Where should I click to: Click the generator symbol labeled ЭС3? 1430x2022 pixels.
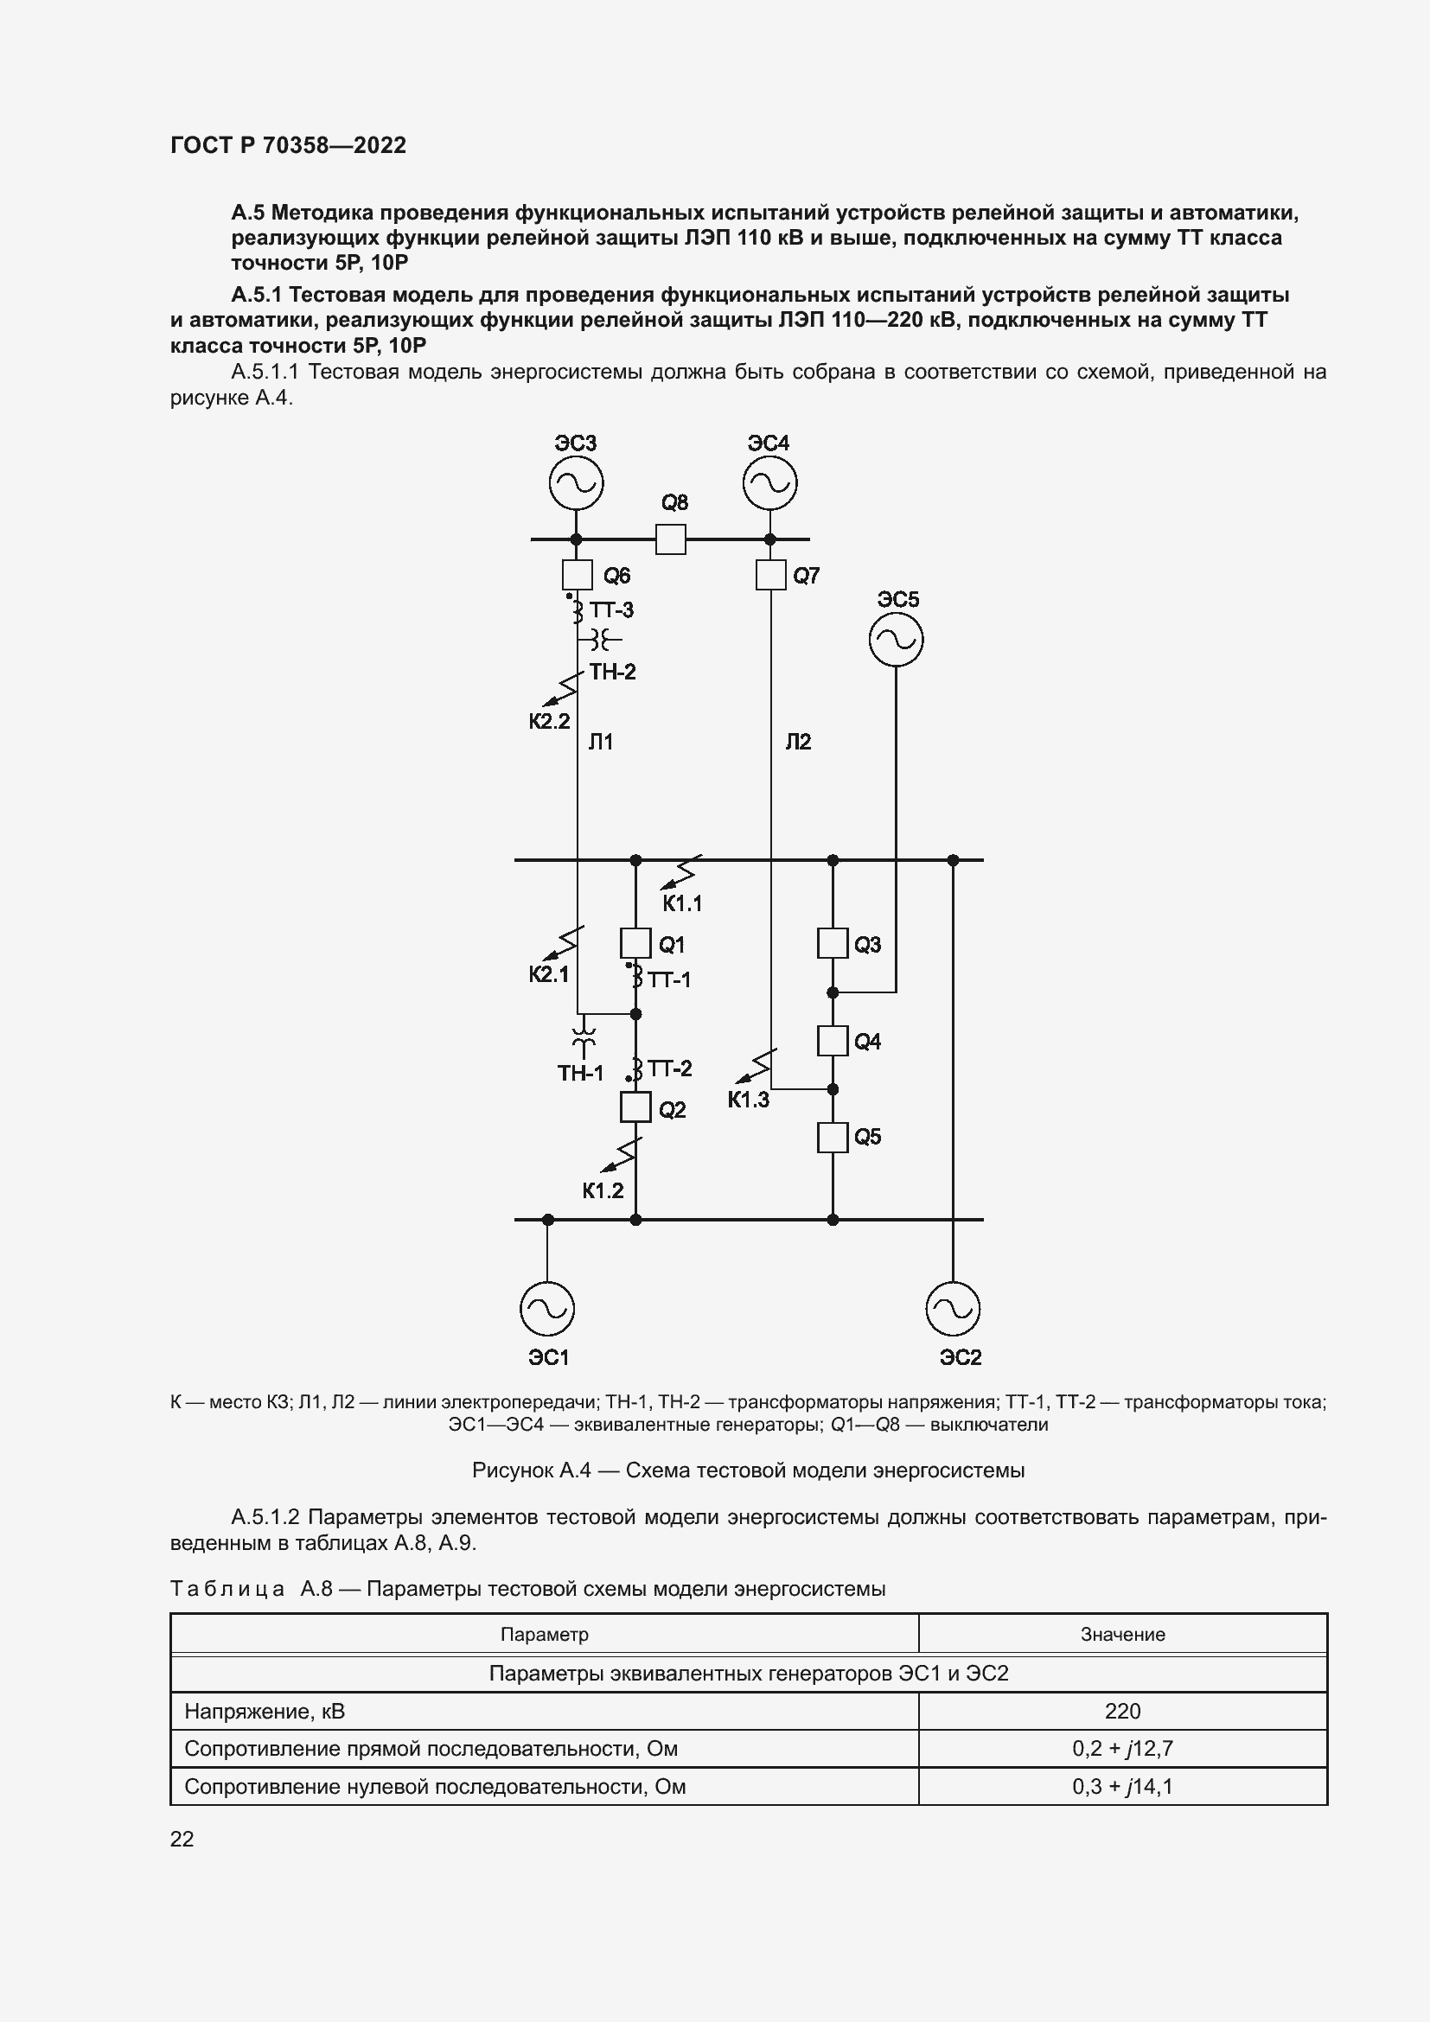[576, 482]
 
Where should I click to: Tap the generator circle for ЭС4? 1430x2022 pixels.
[769, 482]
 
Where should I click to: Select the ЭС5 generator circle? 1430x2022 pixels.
[896, 640]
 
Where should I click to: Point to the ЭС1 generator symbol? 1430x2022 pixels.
[546, 1309]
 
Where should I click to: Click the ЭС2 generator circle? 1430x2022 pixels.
[953, 1309]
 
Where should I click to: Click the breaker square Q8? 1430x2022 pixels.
[671, 539]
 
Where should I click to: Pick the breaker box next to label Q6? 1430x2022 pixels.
[577, 575]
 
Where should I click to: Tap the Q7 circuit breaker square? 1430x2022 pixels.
[770, 575]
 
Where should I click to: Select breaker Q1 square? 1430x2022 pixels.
[635, 943]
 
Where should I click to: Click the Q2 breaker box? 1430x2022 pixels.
[635, 1107]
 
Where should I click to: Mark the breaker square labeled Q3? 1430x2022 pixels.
[832, 943]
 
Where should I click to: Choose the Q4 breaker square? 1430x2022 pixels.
[832, 1041]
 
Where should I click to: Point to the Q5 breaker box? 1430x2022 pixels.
[832, 1137]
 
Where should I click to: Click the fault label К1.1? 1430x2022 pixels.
[682, 903]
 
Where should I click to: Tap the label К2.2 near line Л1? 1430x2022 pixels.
[550, 721]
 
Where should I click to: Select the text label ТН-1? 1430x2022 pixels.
[580, 1073]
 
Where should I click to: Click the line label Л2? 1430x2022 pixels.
[798, 742]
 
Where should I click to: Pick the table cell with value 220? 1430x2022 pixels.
[1122, 1711]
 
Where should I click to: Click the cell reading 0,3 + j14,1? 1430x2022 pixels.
[1122, 1786]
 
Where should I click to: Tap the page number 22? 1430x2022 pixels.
[182, 1839]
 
